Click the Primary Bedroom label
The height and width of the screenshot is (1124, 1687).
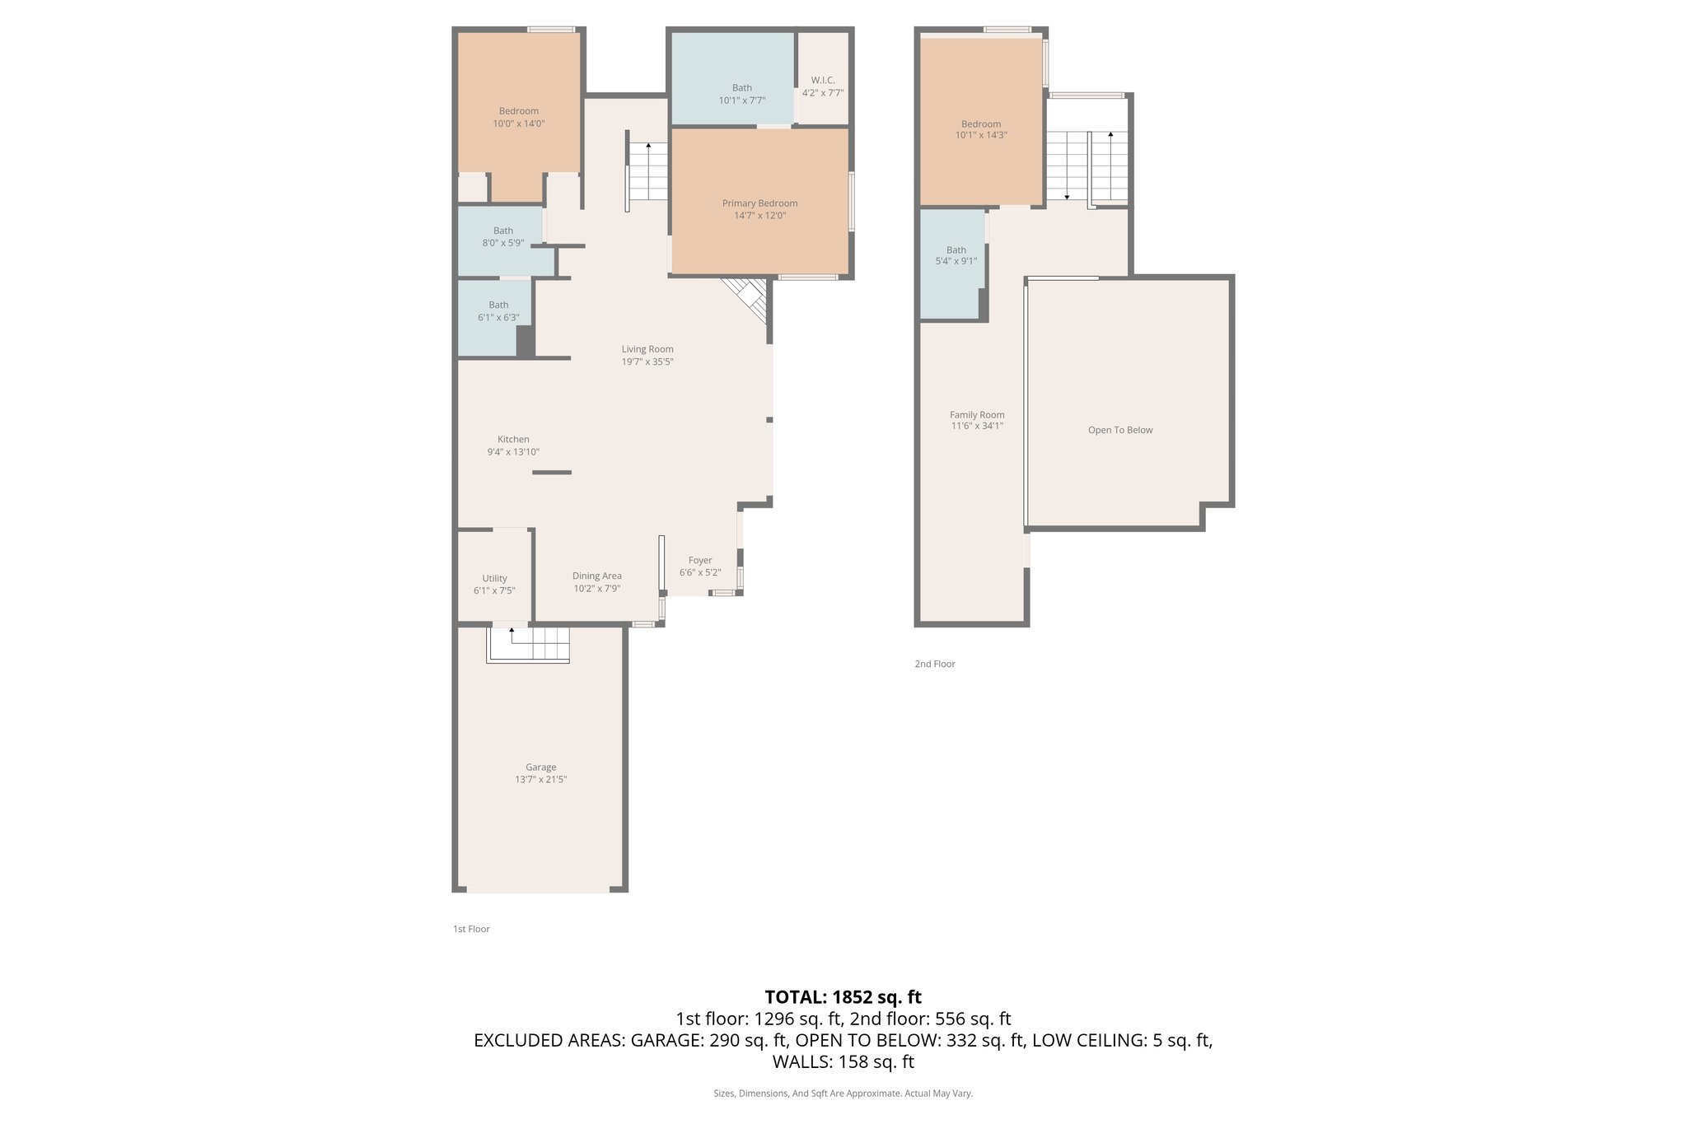759,203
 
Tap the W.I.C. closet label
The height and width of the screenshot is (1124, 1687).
823,80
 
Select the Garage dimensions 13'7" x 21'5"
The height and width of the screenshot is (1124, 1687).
540,779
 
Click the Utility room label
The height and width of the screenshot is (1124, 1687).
494,578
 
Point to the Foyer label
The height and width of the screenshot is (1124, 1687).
700,560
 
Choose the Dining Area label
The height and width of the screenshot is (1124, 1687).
596,576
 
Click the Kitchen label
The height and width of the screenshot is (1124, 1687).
513,439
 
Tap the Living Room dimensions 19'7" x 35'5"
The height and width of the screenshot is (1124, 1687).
647,361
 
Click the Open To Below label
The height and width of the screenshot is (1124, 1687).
1119,430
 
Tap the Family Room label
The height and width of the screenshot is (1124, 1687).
976,415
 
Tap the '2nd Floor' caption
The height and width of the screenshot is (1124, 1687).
934,664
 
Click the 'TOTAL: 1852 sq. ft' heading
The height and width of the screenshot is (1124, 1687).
843,997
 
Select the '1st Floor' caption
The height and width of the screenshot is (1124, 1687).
471,929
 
